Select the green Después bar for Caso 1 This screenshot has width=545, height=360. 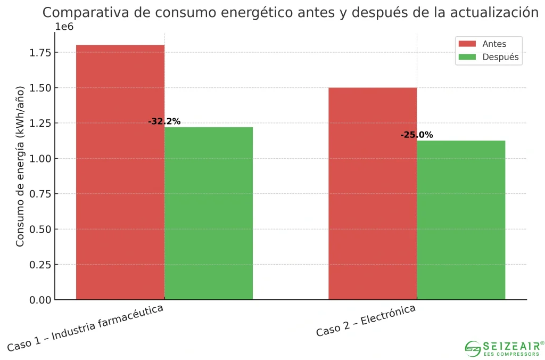[209, 213]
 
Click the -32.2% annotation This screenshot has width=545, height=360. [164, 121]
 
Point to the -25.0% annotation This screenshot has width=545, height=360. [417, 135]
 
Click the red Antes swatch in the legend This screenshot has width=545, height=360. [467, 44]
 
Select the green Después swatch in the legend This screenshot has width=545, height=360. [467, 57]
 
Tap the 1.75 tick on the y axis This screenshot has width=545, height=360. [40, 52]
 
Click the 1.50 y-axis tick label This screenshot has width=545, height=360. [40, 88]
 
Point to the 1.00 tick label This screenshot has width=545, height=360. [40, 159]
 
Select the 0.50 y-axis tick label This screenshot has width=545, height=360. [40, 229]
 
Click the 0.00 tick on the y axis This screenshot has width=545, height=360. [40, 300]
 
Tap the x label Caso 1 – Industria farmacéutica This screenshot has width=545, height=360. [85, 328]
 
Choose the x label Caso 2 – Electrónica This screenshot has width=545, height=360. [366, 321]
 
